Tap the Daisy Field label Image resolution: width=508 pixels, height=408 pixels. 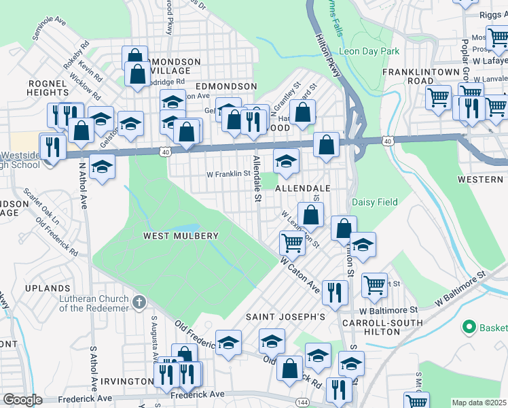pos(374,202)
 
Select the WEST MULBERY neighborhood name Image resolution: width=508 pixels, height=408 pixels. pos(181,236)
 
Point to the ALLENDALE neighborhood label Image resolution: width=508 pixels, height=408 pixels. pos(302,188)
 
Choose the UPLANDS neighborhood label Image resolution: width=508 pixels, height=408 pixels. pos(48,288)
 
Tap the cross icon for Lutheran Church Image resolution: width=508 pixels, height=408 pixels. pos(139,301)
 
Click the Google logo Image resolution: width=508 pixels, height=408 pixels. pos(22,400)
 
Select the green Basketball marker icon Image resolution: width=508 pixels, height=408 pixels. pos(468,327)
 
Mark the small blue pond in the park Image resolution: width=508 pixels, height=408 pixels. pos(185,228)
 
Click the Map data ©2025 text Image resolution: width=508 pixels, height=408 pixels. pos(479,403)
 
